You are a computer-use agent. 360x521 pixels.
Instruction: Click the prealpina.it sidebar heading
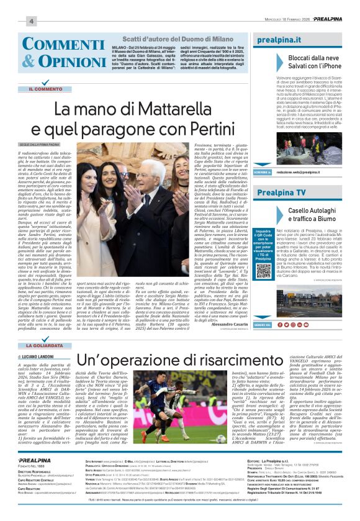tap(277, 39)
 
